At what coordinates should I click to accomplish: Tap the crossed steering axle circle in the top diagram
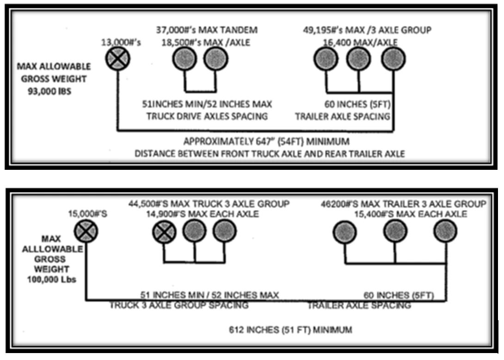pyautogui.click(x=119, y=59)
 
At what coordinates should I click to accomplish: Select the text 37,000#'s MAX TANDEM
pyautogui.click(x=206, y=31)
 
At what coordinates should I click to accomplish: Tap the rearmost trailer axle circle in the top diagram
pyautogui.click(x=393, y=59)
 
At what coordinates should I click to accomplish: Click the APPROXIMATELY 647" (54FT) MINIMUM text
pyautogui.click(x=266, y=141)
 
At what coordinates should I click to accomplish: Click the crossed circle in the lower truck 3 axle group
pyautogui.click(x=164, y=231)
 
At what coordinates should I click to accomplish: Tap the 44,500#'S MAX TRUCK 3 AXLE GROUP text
pyautogui.click(x=209, y=204)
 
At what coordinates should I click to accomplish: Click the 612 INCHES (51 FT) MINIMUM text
pyautogui.click(x=290, y=330)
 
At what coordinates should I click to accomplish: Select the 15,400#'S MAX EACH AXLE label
pyautogui.click(x=410, y=214)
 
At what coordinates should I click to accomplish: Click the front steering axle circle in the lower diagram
pyautogui.click(x=87, y=231)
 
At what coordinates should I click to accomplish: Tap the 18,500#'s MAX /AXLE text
pyautogui.click(x=205, y=42)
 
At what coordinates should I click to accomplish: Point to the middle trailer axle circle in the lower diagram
pyautogui.click(x=395, y=231)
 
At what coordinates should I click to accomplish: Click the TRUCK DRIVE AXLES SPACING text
pyautogui.click(x=207, y=116)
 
